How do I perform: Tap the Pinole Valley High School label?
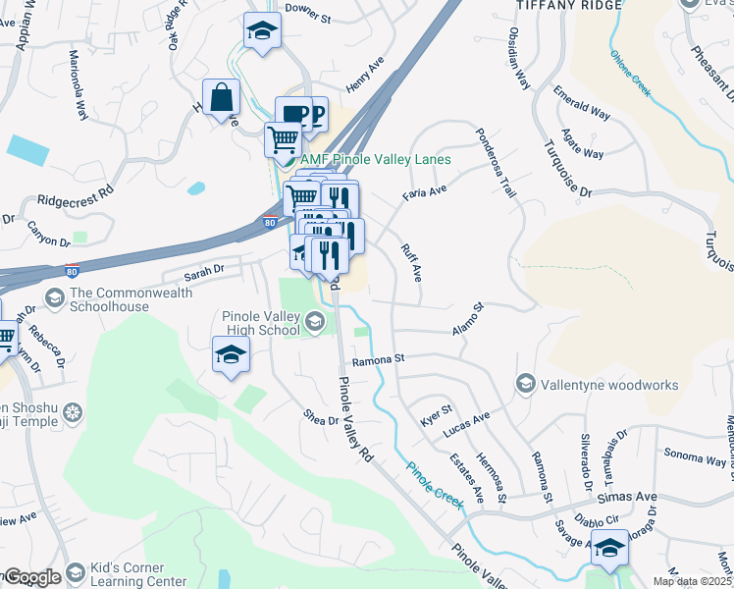(261, 324)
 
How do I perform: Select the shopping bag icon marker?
(222, 98)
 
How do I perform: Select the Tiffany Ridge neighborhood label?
(569, 6)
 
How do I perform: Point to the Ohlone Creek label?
(631, 73)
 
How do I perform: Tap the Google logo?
(31, 577)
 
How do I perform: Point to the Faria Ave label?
(424, 192)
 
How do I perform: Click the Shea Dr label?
(321, 420)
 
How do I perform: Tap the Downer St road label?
(308, 8)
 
